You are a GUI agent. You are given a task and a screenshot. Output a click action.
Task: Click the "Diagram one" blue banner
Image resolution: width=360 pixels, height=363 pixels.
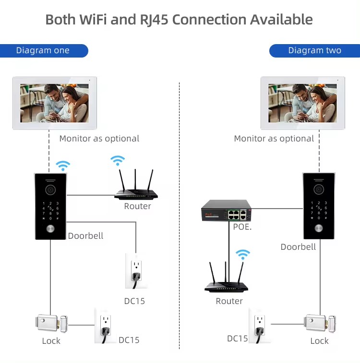coord(44,51)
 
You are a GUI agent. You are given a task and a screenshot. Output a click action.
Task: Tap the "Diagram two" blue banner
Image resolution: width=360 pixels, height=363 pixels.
coord(314,51)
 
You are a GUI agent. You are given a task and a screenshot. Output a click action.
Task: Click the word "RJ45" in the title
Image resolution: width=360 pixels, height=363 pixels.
coord(154,20)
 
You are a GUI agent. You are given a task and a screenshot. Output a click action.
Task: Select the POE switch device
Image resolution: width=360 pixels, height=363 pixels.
coord(227,210)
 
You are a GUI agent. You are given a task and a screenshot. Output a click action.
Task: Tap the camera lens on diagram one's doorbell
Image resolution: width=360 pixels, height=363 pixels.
coord(50,190)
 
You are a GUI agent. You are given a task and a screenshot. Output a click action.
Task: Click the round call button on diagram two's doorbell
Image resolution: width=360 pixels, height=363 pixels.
coord(319,228)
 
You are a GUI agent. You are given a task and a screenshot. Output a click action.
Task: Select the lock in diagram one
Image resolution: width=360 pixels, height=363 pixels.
coord(51,323)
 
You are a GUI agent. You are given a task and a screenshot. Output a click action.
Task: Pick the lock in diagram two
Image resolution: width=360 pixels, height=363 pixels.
coord(320,323)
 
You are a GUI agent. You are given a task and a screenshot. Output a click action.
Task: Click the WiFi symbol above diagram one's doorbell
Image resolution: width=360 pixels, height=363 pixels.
coord(63,165)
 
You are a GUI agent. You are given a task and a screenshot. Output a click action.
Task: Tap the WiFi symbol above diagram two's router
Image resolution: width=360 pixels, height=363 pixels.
coord(243,255)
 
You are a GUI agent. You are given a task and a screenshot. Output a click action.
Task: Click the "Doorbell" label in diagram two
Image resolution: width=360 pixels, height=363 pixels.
coord(298,247)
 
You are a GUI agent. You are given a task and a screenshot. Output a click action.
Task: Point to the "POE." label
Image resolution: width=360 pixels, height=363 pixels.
coord(242,227)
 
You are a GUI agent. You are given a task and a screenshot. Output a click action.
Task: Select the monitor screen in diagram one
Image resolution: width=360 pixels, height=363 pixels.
coord(54,103)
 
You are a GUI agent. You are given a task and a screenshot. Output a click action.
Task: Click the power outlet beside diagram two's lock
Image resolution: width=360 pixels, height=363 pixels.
coord(260,326)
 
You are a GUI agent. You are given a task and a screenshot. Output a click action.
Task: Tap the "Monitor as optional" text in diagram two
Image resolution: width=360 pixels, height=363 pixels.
coord(274,139)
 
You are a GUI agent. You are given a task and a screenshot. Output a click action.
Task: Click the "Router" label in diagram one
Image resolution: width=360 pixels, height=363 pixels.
coord(137,206)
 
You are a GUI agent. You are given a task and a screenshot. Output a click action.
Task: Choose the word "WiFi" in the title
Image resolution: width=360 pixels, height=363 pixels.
coord(93,20)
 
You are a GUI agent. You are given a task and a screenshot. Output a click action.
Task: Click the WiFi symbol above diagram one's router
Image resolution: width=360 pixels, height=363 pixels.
coord(118,161)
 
